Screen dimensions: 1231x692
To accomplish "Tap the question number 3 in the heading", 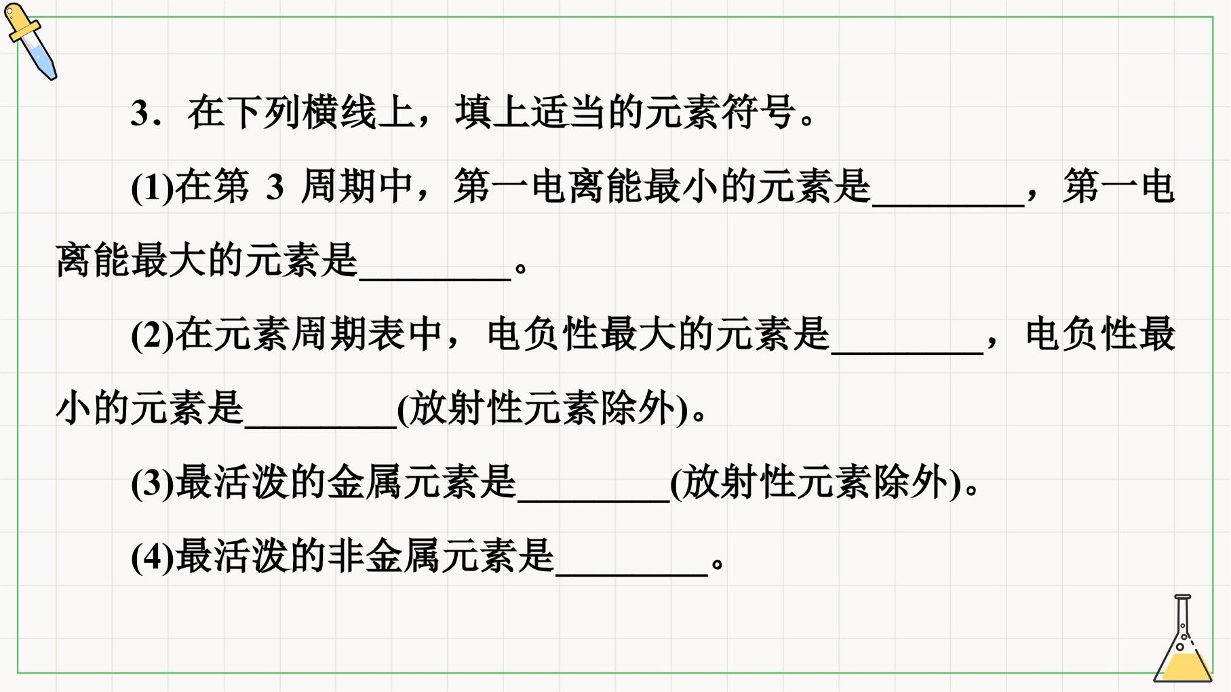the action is [140, 113].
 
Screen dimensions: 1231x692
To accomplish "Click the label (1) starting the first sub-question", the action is [152, 187].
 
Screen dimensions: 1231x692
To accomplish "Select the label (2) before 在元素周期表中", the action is [152, 335].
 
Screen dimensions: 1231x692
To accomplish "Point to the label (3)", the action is [152, 483].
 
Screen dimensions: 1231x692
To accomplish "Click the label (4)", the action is [152, 557].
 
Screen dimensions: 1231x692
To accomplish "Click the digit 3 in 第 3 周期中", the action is [274, 187].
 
